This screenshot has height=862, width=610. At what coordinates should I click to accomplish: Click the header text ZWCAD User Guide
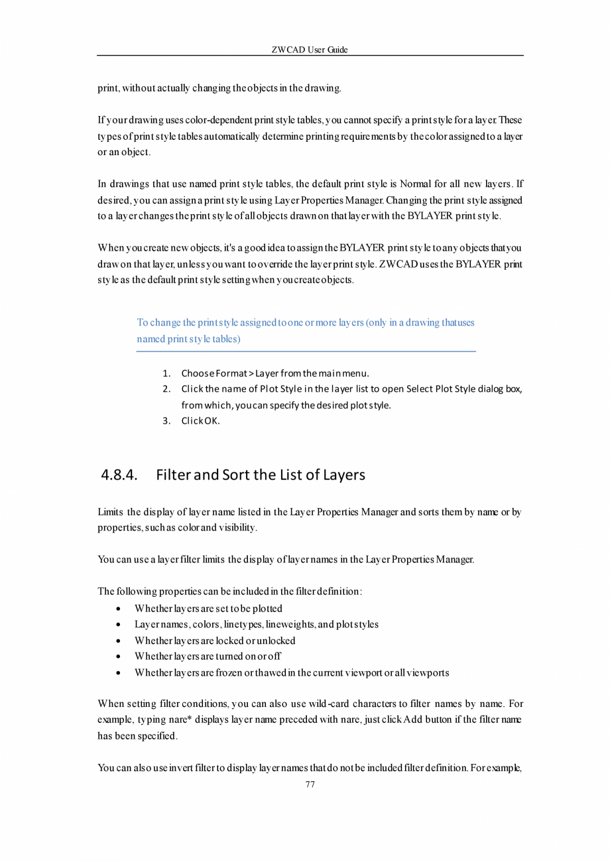click(x=310, y=50)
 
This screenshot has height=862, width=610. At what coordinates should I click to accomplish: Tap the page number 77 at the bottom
click(x=310, y=784)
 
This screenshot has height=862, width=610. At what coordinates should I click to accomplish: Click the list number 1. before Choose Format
click(x=167, y=373)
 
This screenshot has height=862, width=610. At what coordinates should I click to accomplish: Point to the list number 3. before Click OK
click(x=167, y=420)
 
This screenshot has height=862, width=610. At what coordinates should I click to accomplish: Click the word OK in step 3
click(x=212, y=420)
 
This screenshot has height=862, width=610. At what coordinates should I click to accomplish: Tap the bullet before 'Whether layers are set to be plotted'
click(x=117, y=609)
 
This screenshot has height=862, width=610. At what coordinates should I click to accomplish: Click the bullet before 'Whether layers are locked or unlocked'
click(x=117, y=641)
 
